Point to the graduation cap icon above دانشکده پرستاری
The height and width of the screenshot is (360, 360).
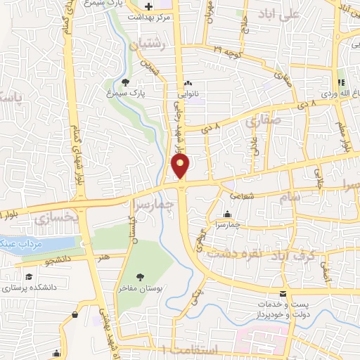pyautogui.click(x=29, y=276)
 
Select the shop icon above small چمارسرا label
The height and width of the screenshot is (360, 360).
pyautogui.click(x=226, y=214)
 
